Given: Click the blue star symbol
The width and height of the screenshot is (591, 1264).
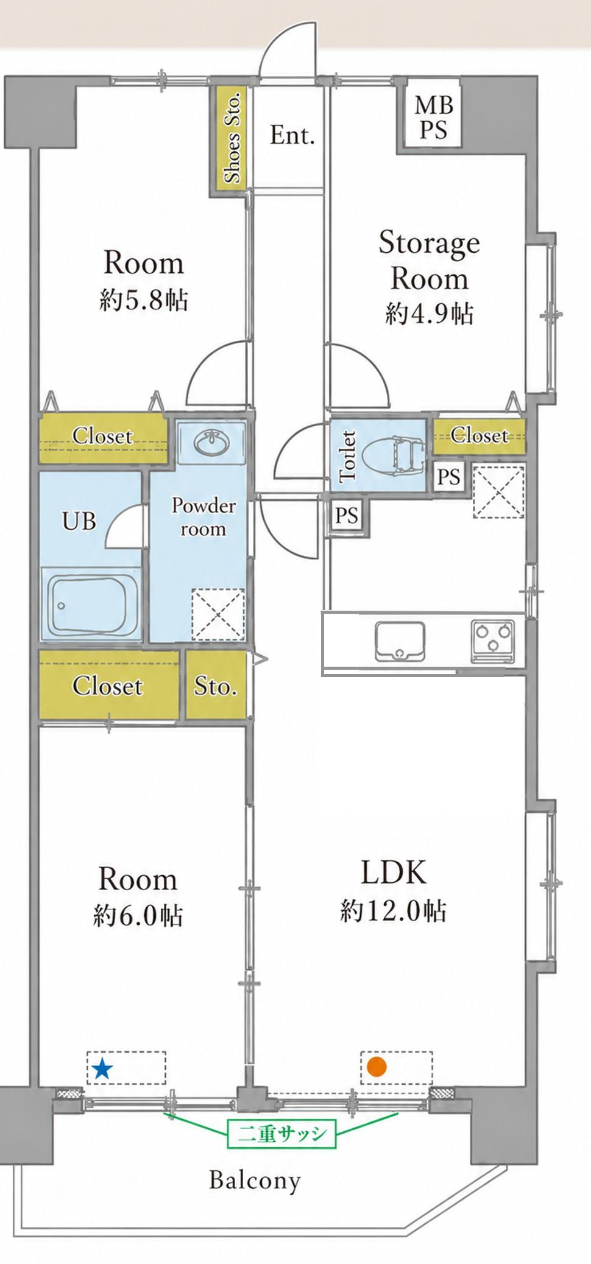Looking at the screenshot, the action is click(102, 1068).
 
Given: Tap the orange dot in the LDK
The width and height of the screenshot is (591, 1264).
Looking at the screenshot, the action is click(377, 1067).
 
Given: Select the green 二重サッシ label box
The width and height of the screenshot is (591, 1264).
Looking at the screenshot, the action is click(281, 1134).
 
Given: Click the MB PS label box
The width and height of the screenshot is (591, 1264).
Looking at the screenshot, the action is click(434, 118).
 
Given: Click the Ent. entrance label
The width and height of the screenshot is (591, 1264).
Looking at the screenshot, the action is click(292, 135).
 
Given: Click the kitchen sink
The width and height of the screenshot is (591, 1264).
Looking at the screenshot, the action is click(400, 641).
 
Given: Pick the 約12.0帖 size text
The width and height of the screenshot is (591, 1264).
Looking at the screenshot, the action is click(394, 910).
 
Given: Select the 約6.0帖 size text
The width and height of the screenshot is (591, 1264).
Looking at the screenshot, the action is click(138, 915).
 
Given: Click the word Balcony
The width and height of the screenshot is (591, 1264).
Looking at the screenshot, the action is click(255, 1181).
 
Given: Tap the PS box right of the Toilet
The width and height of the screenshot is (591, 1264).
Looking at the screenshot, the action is click(449, 476).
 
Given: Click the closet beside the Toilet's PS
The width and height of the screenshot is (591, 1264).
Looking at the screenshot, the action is click(480, 436).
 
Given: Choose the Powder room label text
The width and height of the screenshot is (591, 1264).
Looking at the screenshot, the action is click(203, 517).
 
